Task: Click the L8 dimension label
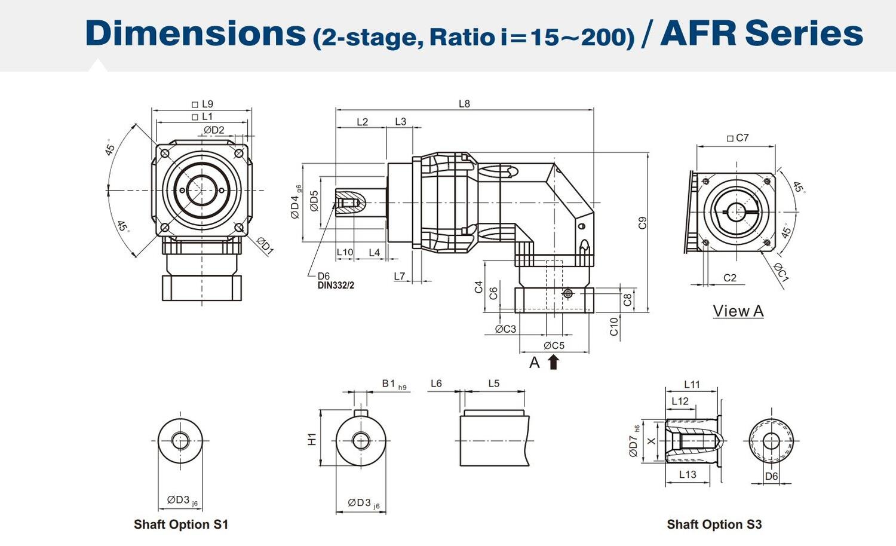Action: pyautogui.click(x=464, y=103)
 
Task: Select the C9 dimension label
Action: pyautogui.click(x=643, y=223)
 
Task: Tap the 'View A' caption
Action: pyautogui.click(x=738, y=311)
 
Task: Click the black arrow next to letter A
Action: pyautogui.click(x=553, y=362)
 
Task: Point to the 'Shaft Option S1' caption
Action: pyautogui.click(x=181, y=524)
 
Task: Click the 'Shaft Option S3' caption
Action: pyautogui.click(x=714, y=524)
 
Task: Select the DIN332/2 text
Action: pyautogui.click(x=336, y=286)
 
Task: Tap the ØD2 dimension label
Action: pyautogui.click(x=214, y=130)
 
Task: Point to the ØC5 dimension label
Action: pyautogui.click(x=554, y=345)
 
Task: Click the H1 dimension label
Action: pyautogui.click(x=312, y=440)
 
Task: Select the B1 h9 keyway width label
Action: pyautogui.click(x=394, y=384)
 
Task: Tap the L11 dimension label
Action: pyautogui.click(x=692, y=385)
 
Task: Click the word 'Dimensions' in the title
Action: pyautogui.click(x=195, y=33)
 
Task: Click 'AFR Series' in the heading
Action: pyautogui.click(x=762, y=33)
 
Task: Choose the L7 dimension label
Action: pyautogui.click(x=400, y=276)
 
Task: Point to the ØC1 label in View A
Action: pyautogui.click(x=782, y=272)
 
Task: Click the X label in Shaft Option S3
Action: pyautogui.click(x=651, y=441)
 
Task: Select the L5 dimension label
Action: pyautogui.click(x=493, y=384)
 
